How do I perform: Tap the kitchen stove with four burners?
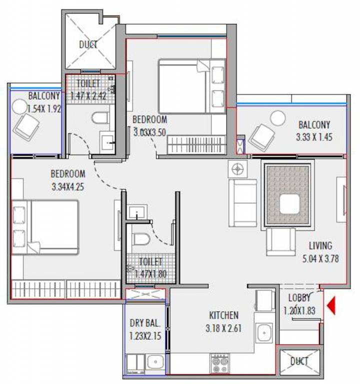(220, 363)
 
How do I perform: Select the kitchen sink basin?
(264, 333)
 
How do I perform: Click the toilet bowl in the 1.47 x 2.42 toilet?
(100, 117)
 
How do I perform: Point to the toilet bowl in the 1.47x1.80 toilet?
(141, 239)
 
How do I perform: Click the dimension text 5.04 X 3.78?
(320, 258)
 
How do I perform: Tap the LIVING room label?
(320, 245)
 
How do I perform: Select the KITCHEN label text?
(223, 315)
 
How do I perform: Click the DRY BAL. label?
(145, 323)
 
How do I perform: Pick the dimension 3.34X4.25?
(68, 186)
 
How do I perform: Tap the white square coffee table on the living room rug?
(289, 204)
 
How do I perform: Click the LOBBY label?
(299, 298)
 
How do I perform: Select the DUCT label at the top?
(88, 44)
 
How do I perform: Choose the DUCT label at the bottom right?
(299, 361)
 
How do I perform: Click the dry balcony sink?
(155, 361)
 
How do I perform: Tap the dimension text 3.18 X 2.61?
(223, 328)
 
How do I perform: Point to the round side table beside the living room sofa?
(237, 169)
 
